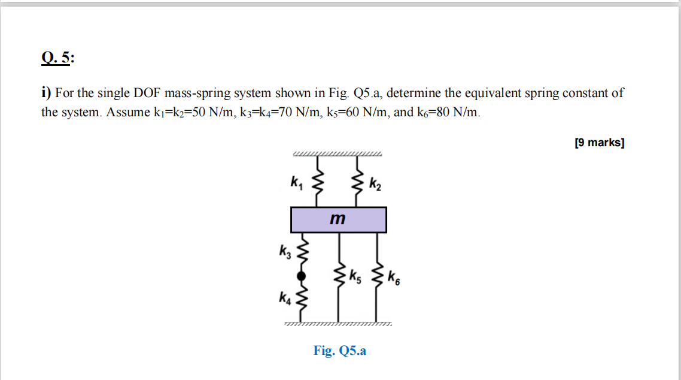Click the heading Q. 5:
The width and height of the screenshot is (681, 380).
click(58, 58)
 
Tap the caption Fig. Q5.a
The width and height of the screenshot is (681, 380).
click(339, 351)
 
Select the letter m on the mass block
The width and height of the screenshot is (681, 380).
click(338, 219)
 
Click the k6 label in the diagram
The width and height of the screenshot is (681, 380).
click(394, 278)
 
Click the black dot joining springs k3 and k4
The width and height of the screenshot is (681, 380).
click(302, 276)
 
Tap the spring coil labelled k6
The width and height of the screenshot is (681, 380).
click(377, 277)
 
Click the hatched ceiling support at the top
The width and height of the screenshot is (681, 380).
click(337, 155)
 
